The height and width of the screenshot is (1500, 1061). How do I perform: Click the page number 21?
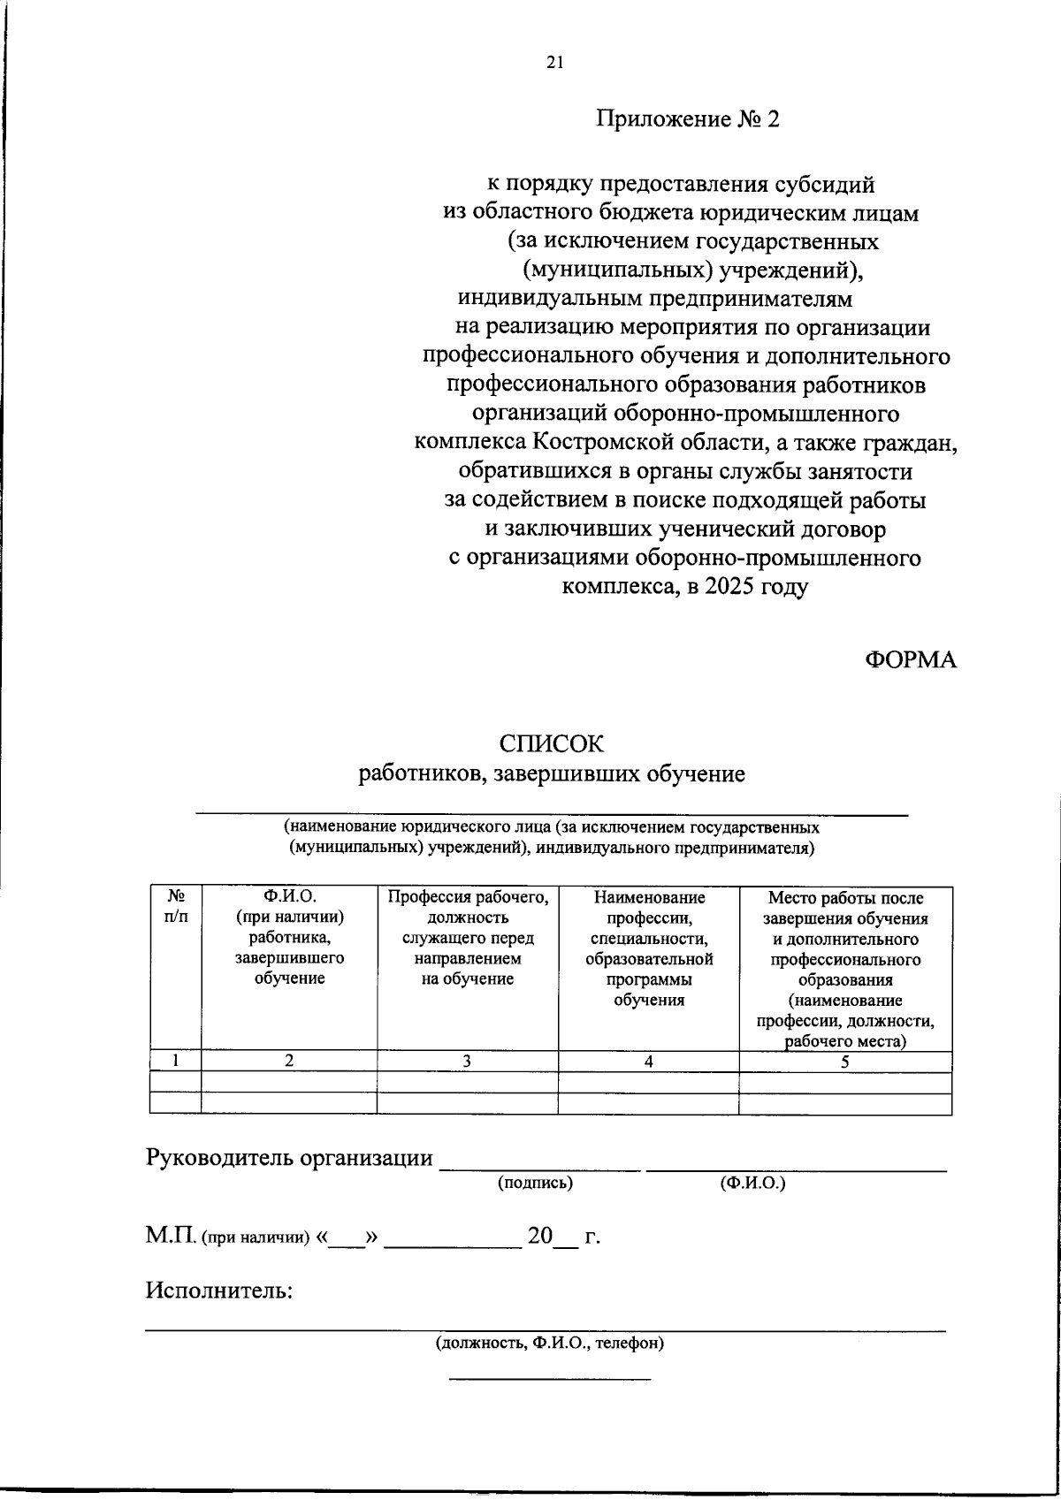click(554, 62)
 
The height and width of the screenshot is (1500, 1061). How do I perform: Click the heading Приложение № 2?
click(688, 118)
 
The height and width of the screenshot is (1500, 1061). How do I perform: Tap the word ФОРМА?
click(910, 660)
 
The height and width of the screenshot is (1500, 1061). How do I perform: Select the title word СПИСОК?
click(551, 744)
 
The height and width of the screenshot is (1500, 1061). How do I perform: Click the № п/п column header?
click(175, 907)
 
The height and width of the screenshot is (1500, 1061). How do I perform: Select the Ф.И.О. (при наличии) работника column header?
click(289, 937)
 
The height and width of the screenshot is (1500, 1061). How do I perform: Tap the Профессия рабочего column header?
click(468, 937)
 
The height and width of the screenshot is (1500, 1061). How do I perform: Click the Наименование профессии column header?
click(649, 948)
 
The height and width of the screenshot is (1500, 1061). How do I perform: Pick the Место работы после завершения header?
click(845, 968)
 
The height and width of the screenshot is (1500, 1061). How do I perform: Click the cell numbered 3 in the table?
click(467, 1062)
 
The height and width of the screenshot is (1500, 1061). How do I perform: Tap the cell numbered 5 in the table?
click(845, 1062)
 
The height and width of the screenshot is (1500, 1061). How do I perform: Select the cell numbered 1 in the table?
click(175, 1062)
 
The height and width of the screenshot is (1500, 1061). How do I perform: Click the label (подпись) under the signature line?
click(536, 1183)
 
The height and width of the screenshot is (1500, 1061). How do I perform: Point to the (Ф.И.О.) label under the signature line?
click(752, 1183)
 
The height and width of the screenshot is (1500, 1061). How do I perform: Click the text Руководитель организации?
click(289, 1158)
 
